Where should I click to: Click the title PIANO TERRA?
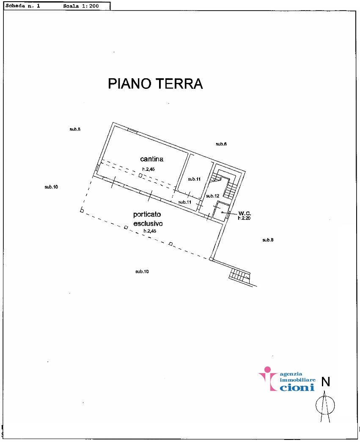(155, 83)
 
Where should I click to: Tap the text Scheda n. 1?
(23, 5)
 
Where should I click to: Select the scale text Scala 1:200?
(81, 6)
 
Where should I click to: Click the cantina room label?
(152, 159)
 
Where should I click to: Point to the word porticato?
(147, 214)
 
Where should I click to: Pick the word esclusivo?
(148, 223)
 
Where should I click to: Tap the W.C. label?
(245, 214)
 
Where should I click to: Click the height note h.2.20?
(244, 218)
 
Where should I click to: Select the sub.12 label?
(212, 196)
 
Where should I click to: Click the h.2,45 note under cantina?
(148, 170)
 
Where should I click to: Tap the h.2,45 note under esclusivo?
(150, 231)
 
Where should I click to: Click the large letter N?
(326, 382)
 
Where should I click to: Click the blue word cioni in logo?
(297, 387)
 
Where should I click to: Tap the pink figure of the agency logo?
(268, 378)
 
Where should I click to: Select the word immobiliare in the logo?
(297, 380)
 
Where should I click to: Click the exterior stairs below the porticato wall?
(239, 274)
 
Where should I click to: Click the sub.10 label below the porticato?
(142, 272)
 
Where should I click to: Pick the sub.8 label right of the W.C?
(268, 240)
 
